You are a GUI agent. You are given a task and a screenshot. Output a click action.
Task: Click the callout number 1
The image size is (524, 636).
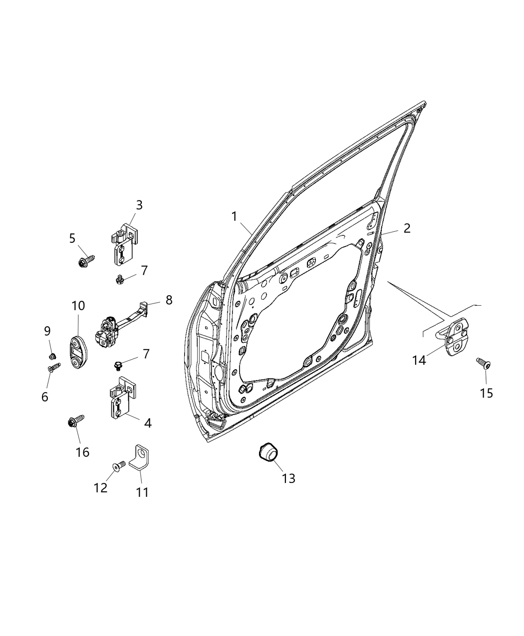[x=234, y=216]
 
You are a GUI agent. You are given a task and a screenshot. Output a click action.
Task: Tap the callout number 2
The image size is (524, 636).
[x=407, y=228]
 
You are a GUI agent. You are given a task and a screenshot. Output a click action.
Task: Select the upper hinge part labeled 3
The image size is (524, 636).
[x=122, y=247]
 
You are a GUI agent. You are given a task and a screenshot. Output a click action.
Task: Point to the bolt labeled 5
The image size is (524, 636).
[x=86, y=260]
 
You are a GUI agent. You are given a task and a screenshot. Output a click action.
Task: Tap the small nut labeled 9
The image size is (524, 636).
[x=52, y=356]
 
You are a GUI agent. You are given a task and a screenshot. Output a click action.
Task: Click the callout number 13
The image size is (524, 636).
[x=288, y=478]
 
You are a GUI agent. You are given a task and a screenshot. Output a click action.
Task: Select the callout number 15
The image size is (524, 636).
[x=486, y=393]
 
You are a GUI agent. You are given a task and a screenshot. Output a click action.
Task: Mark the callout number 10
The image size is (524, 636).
[x=78, y=305]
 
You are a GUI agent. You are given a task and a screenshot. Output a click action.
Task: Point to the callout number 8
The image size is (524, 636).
[x=169, y=300]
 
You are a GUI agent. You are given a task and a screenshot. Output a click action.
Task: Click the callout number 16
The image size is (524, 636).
[x=82, y=452]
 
